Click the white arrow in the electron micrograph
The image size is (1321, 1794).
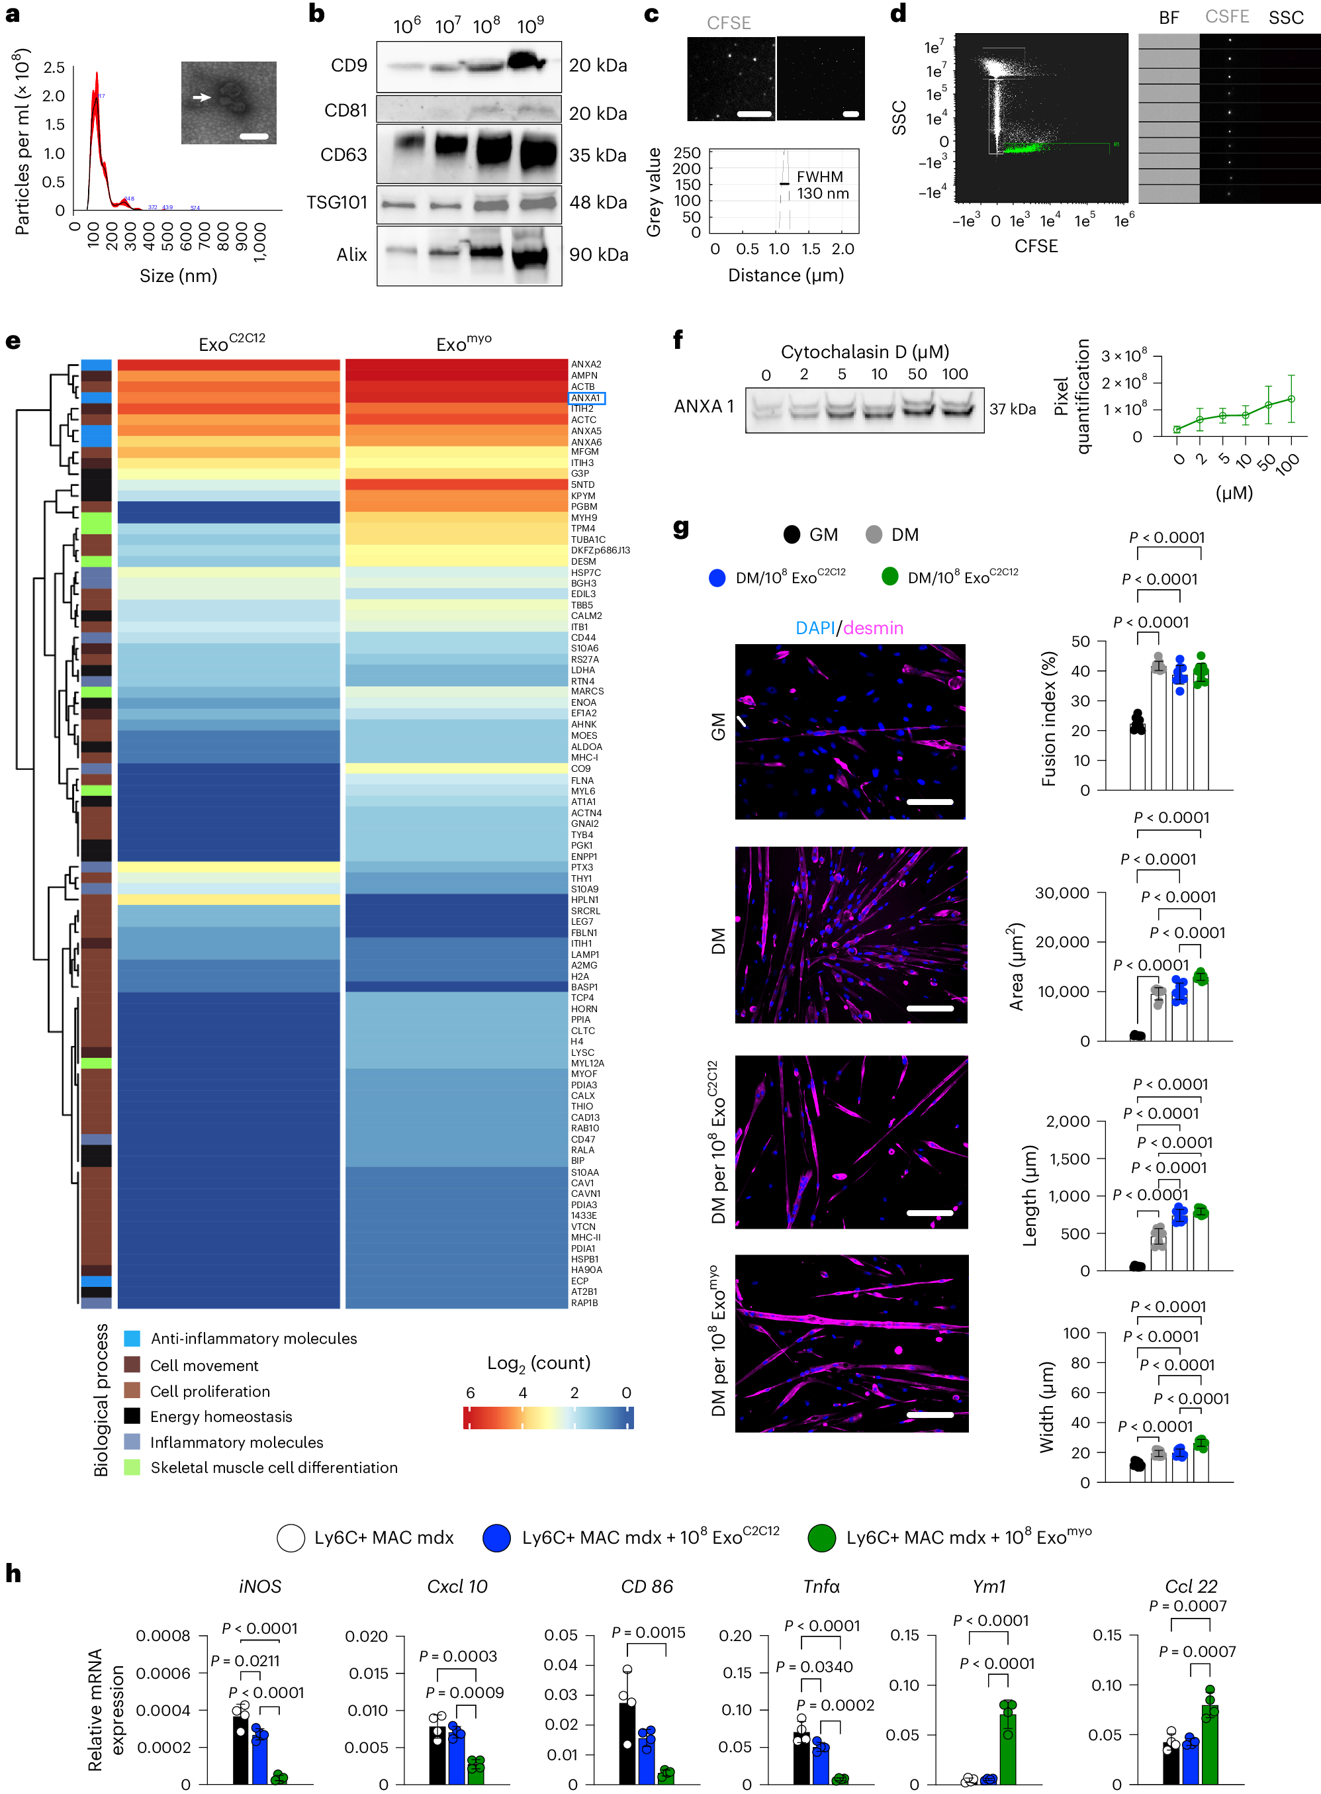pyautogui.click(x=201, y=97)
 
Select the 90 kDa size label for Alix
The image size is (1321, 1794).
pyautogui.click(x=598, y=254)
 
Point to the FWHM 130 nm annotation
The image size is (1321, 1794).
pyautogui.click(x=822, y=185)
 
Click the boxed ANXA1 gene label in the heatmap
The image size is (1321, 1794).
pyautogui.click(x=586, y=397)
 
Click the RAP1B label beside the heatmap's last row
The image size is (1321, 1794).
pyautogui.click(x=584, y=1303)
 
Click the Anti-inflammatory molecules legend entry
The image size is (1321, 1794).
pyautogui.click(x=253, y=1338)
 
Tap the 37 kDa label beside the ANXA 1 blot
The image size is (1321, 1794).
pyautogui.click(x=1013, y=408)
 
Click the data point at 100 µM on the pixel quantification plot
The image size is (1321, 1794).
pyautogui.click(x=1291, y=399)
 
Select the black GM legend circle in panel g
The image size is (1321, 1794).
pyautogui.click(x=792, y=534)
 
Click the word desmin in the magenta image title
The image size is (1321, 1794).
pyautogui.click(x=873, y=628)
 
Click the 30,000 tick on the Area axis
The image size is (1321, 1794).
pyautogui.click(x=1062, y=892)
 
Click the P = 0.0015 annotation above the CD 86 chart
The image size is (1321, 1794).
pyautogui.click(x=648, y=1632)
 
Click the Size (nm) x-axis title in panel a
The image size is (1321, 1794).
pyautogui.click(x=178, y=276)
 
